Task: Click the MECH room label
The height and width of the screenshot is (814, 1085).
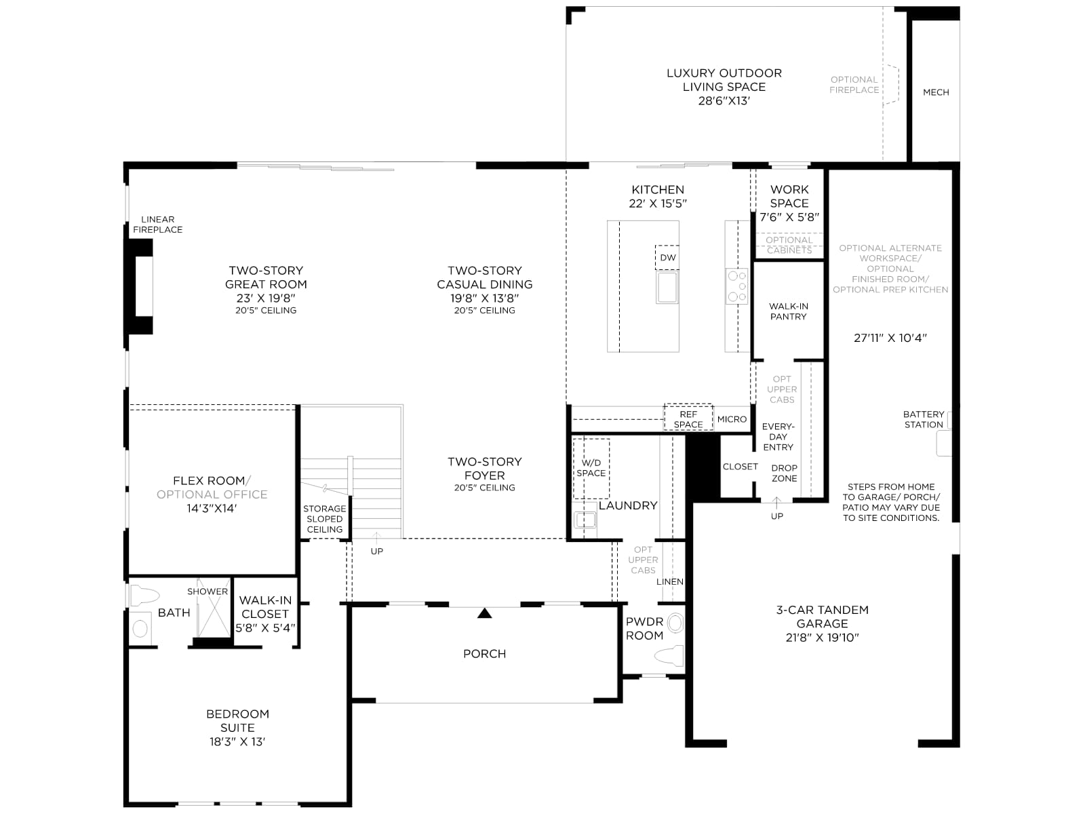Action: (936, 92)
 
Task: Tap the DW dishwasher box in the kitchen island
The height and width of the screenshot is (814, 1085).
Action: (667, 258)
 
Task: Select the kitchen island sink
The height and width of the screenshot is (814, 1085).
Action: (667, 287)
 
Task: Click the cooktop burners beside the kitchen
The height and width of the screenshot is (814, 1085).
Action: (736, 286)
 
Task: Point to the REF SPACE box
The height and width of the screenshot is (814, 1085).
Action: (688, 417)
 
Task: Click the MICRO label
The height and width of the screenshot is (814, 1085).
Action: (732, 419)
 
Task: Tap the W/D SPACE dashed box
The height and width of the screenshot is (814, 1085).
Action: (591, 468)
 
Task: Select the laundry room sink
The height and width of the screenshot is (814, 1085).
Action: (585, 520)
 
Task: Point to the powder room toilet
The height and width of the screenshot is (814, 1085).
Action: (670, 655)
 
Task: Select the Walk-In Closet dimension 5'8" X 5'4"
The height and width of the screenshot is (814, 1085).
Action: (265, 628)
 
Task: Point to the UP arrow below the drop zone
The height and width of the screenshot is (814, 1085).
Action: (776, 503)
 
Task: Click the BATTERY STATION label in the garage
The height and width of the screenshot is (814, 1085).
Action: (924, 420)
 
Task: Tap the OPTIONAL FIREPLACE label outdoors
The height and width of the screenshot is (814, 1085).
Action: (854, 85)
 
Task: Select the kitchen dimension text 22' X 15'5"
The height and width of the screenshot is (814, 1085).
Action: (658, 203)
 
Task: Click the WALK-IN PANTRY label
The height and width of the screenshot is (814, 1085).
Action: (789, 311)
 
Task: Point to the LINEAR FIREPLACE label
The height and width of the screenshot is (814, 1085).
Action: (158, 225)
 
